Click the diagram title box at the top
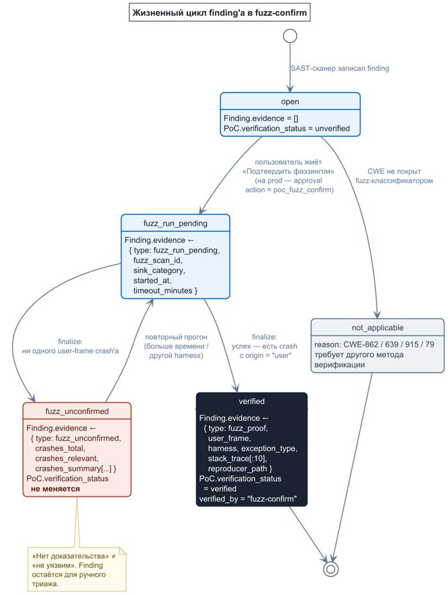tap(220, 13)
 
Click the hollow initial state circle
tap(290, 36)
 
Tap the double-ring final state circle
tap(330, 569)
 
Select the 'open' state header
tap(290, 102)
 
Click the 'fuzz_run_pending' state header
tap(175, 223)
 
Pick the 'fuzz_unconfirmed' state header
tap(77, 411)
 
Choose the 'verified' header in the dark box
tap(252, 401)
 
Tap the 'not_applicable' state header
tap(378, 328)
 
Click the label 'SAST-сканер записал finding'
tap(340, 68)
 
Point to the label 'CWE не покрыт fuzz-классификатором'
tap(394, 176)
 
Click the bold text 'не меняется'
tap(56, 489)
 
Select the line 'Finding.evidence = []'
tap(261, 118)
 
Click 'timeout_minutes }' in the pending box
tap(165, 290)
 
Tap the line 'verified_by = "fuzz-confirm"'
tap(248, 498)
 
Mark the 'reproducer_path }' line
tap(240, 468)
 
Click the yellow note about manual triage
tap(77, 569)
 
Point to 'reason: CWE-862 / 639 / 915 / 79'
tap(374, 345)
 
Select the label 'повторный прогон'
tap(176, 337)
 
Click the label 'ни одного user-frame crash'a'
tap(70, 351)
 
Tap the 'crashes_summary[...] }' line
tap(76, 468)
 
